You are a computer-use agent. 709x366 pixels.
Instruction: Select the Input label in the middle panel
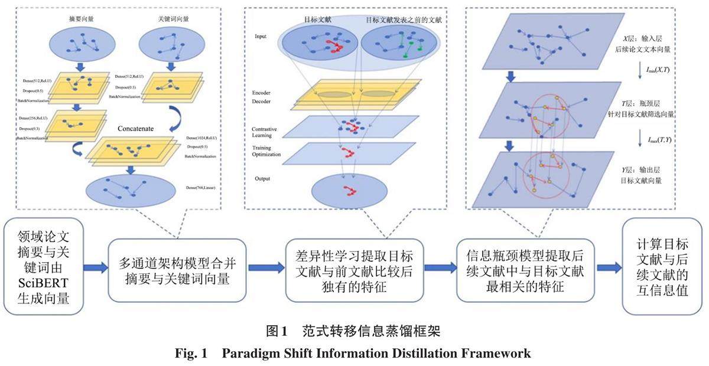pos(261,36)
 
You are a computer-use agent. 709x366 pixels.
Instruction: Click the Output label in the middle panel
pos(262,178)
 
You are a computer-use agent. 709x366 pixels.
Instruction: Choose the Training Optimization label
pos(266,152)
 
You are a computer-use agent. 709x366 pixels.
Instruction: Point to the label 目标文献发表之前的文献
pos(404,19)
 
